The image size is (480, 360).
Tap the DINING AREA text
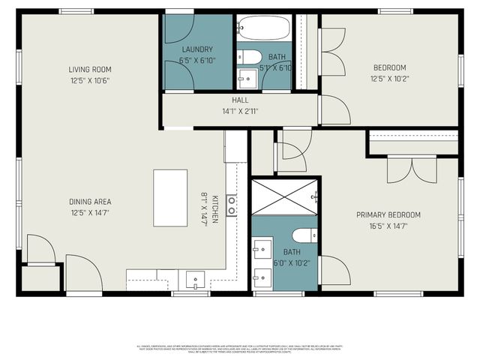click(90, 202)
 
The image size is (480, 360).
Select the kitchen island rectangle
click(170, 197)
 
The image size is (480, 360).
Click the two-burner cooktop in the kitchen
click(232, 205)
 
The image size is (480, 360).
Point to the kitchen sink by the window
click(195, 280)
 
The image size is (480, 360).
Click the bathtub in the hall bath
click(265, 28)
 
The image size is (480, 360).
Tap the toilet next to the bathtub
click(250, 57)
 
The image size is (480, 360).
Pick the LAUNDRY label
click(197, 50)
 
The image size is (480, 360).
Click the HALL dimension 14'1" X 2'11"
click(240, 111)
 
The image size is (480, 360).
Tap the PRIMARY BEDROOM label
click(388, 215)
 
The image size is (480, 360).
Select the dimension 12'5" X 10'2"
click(389, 78)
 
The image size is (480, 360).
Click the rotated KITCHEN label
click(214, 208)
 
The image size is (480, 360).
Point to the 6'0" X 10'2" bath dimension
click(292, 263)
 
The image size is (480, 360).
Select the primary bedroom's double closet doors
click(411, 169)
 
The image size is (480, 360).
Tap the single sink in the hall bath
click(246, 76)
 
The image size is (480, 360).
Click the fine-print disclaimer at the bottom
click(240, 348)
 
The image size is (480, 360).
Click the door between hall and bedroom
click(334, 110)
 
